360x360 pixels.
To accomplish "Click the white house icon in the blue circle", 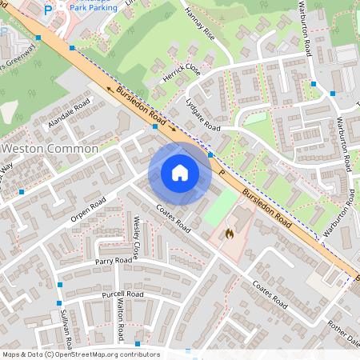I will [180, 173].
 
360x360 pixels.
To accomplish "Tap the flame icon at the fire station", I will [230, 234].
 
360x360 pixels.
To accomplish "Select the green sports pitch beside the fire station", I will [220, 207].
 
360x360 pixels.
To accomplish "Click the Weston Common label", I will [50, 149].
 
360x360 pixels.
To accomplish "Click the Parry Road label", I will [114, 261].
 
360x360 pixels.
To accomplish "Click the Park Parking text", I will [92, 7].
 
